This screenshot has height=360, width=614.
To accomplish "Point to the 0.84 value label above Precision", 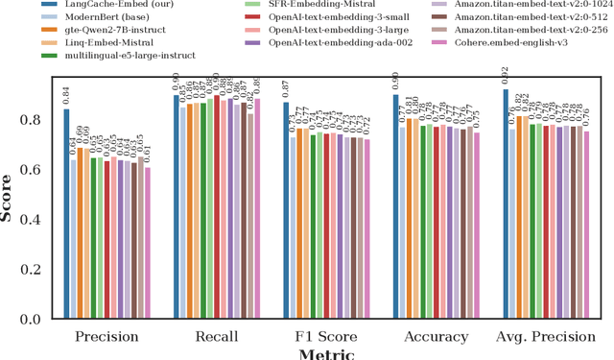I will coord(66,94).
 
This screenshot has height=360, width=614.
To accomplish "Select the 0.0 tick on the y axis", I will coord(36,319).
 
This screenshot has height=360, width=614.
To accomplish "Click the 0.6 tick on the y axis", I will coord(36,170).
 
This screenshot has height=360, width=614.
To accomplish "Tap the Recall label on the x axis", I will coord(216,336).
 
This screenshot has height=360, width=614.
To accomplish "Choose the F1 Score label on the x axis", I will coord(325,336).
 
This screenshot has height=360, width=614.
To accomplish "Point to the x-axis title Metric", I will coord(326,354).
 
